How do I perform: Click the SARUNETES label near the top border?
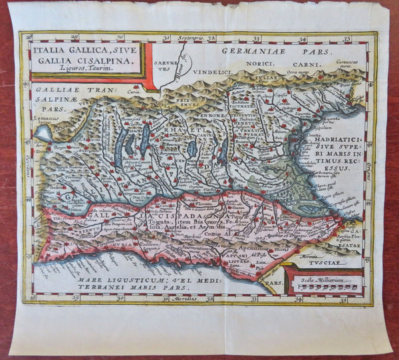(158, 63)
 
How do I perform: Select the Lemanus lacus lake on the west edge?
(43, 130)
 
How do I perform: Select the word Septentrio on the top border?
(189, 38)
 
